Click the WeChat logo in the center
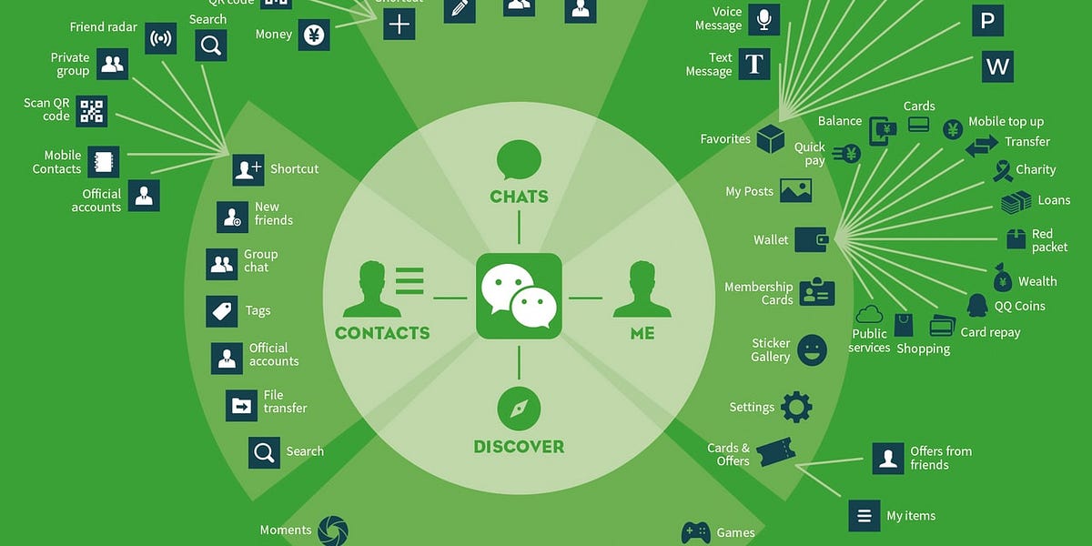point(519,297)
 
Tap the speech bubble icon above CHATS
point(519,160)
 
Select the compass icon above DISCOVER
point(519,408)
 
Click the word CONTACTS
point(382,333)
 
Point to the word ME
point(642,333)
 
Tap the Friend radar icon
point(161,39)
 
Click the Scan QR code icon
point(91,111)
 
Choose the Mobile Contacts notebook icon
point(103,162)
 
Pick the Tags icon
point(222,311)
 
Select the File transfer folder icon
point(242,406)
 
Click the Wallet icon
point(810,240)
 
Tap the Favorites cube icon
point(770,139)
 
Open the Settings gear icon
point(796,407)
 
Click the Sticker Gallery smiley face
point(812,349)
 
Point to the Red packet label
point(1049,241)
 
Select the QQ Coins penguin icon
point(977,305)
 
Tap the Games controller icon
point(696,532)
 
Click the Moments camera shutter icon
point(333,531)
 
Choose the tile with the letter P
point(987,20)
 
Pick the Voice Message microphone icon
point(763,18)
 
